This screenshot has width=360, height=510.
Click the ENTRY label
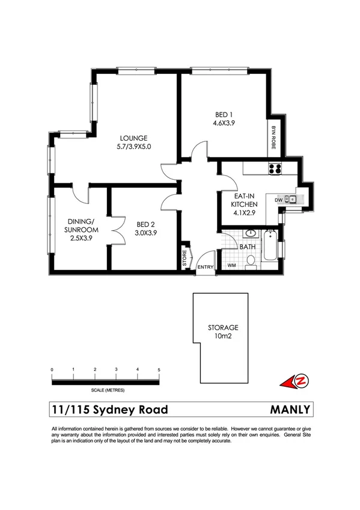coord(206,268)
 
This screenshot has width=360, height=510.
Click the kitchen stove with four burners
coord(275,168)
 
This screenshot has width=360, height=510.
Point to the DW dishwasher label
coord(278,200)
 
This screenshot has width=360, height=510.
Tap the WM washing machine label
coord(231,265)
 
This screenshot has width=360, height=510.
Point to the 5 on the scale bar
coord(159,369)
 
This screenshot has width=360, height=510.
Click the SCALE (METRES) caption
coord(105,390)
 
